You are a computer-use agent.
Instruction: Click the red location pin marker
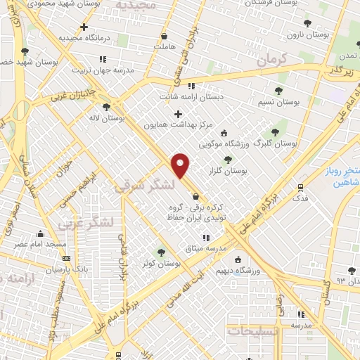pos(181,165)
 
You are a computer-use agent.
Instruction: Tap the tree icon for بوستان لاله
pos(106,107)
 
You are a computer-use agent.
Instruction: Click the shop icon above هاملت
pos(164,37)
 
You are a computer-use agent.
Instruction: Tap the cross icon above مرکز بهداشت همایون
pos(178,114)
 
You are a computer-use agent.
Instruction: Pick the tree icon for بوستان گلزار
pos(228,160)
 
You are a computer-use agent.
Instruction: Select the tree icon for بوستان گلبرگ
pos(275,131)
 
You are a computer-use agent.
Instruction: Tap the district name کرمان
pos(273,61)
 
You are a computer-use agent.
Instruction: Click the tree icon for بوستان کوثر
pos(162,252)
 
